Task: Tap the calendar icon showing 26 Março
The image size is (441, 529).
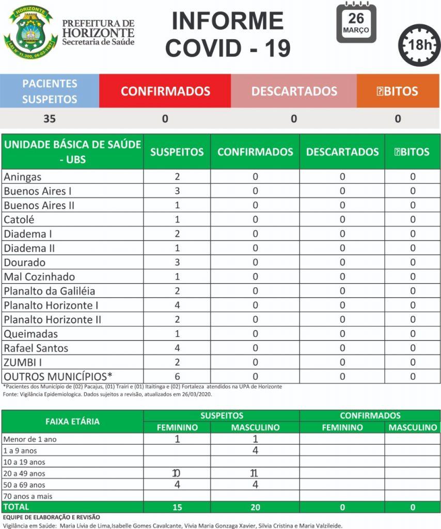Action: [x=356, y=23]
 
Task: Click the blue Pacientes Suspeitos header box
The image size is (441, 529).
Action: [x=50, y=91]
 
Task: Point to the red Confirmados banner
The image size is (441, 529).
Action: [x=165, y=91]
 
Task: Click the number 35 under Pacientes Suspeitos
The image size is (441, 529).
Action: [x=50, y=119]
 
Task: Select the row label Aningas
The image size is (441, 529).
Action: [x=23, y=177]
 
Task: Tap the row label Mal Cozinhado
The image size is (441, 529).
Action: [x=39, y=277]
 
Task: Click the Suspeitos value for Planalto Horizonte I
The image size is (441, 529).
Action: [x=177, y=305]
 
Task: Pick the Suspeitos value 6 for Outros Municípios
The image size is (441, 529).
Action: [x=177, y=377]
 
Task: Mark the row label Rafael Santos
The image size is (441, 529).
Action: [x=36, y=348]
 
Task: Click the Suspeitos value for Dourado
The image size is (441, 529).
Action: [x=177, y=262]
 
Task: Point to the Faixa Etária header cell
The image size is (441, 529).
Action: [x=73, y=422]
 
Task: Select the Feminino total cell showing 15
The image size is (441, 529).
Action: [x=177, y=507]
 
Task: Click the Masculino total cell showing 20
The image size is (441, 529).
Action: [x=255, y=507]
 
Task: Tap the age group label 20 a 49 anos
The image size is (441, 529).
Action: [x=24, y=474]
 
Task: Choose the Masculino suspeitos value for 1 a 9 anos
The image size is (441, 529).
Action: [x=255, y=450]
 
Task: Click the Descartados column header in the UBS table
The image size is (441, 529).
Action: [x=342, y=152]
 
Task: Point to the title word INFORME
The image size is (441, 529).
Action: [x=227, y=21]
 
